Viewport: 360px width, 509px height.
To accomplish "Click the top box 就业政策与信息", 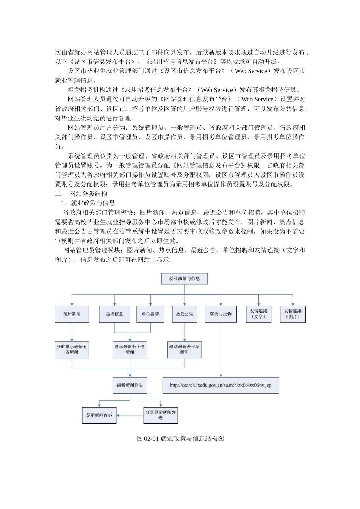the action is click(x=185, y=279).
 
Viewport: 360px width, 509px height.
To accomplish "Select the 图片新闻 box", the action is click(x=72, y=314).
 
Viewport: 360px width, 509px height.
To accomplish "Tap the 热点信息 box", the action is click(x=114, y=314).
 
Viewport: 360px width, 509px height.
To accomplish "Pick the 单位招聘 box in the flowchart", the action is click(x=150, y=314).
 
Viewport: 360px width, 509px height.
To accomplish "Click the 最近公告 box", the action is click(x=185, y=314).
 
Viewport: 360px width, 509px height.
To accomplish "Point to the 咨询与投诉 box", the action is click(x=221, y=314).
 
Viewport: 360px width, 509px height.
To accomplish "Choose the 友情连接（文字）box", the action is click(x=258, y=314).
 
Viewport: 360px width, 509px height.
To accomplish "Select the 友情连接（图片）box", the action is click(x=293, y=314).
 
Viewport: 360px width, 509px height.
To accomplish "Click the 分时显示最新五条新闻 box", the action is click(x=72, y=350).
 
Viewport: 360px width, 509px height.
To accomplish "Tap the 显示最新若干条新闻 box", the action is click(x=130, y=350).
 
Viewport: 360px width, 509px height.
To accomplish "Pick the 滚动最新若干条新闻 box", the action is click(x=185, y=350).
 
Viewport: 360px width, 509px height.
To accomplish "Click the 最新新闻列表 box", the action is click(x=130, y=386).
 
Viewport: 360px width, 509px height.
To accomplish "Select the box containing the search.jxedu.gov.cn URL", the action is click(x=221, y=386).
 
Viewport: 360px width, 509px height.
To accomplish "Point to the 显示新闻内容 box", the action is click(x=99, y=415).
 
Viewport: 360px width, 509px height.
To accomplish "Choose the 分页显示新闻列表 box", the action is click(x=161, y=415).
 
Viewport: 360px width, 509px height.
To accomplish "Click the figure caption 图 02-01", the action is click(x=180, y=439).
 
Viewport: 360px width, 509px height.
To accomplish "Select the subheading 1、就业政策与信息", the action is click(x=88, y=203).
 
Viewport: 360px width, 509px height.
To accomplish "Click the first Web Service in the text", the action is click(x=251, y=71).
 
